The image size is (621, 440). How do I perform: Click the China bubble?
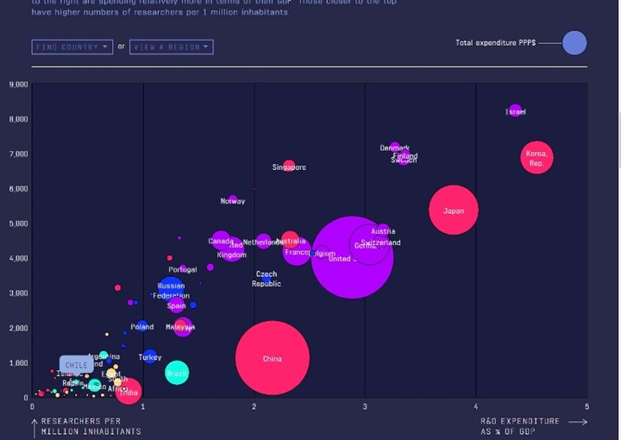(x=273, y=358)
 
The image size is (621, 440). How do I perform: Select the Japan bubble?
(x=453, y=210)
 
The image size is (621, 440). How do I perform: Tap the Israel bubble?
(x=515, y=111)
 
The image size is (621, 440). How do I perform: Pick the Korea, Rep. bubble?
(x=536, y=157)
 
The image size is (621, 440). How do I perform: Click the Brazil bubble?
(x=177, y=373)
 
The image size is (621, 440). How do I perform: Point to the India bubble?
(x=128, y=393)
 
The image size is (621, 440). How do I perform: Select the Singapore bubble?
(x=289, y=167)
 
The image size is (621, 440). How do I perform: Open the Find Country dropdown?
(x=72, y=47)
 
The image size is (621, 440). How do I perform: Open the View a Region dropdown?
(x=171, y=47)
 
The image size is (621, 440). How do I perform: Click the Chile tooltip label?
(x=77, y=365)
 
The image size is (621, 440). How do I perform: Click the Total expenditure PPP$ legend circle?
(x=574, y=42)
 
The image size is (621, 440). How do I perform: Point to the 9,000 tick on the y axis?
(x=18, y=85)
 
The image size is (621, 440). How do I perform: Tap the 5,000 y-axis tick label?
(x=18, y=223)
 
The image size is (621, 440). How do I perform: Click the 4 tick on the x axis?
(x=476, y=406)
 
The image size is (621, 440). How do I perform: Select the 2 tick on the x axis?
(x=254, y=406)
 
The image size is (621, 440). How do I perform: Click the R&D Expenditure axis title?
(x=520, y=426)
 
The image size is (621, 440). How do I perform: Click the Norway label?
(x=233, y=201)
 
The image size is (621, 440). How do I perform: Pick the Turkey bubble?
(x=150, y=356)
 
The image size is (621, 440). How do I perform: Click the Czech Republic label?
(x=267, y=279)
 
